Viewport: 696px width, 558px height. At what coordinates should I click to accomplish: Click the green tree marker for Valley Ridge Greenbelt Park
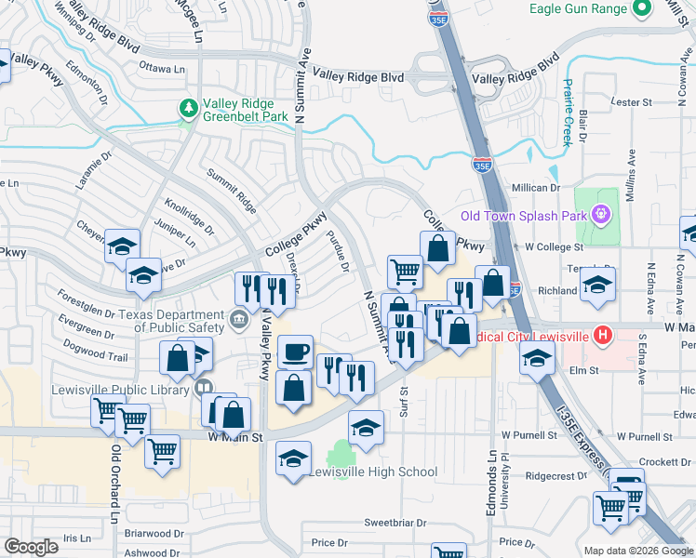[x=189, y=109]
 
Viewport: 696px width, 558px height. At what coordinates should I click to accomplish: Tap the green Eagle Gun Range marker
[x=640, y=8]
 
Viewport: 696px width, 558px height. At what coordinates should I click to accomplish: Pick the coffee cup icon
[x=295, y=352]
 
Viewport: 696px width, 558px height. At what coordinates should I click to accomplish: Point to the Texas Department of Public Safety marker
[x=238, y=322]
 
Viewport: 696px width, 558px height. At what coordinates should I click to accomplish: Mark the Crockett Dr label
[x=664, y=461]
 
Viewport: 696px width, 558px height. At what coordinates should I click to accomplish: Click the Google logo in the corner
[x=31, y=546]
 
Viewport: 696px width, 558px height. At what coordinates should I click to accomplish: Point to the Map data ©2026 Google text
[x=637, y=551]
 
